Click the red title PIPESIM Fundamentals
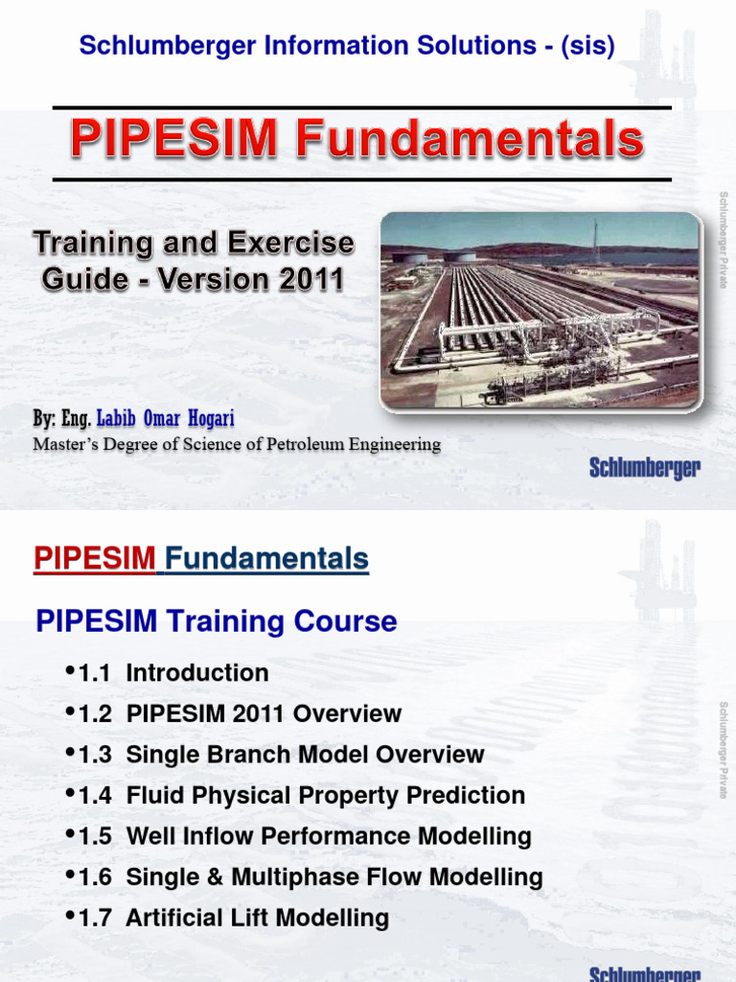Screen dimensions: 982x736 pyautogui.click(x=356, y=141)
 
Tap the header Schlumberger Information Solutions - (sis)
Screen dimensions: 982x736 pyautogui.click(x=346, y=45)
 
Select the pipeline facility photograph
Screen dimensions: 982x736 pyautogui.click(x=540, y=309)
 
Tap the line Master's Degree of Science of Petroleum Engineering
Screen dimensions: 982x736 pyautogui.click(x=237, y=444)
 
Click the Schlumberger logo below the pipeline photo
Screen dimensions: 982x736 pyautogui.click(x=644, y=468)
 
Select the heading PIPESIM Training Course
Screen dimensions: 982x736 pyautogui.click(x=216, y=621)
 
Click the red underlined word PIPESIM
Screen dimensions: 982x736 pyautogui.click(x=94, y=559)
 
